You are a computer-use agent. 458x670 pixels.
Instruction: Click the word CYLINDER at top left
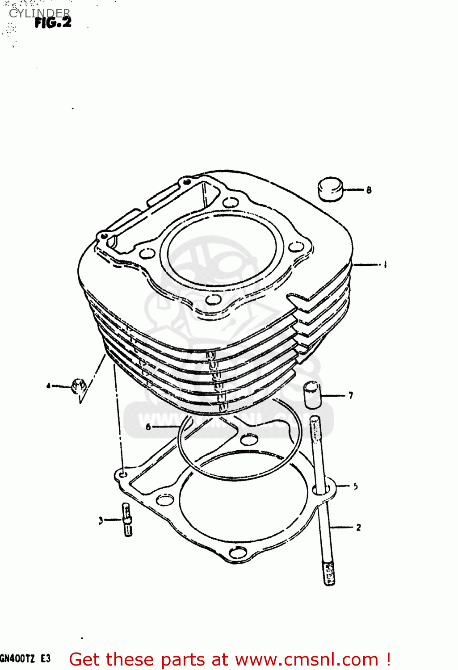pos(39,13)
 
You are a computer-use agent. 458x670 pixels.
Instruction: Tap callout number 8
pos(369,190)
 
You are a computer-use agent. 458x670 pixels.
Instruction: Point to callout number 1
pos(385,264)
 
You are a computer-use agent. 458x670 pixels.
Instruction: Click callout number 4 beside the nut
pos(48,385)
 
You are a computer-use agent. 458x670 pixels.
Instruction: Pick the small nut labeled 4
pos(79,385)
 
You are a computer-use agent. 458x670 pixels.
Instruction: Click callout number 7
pos(351,395)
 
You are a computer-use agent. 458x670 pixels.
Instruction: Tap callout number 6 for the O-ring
pos(148,427)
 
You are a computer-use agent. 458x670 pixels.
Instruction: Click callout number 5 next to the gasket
pos(355,486)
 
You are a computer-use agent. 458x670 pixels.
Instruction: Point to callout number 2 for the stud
pos(358,528)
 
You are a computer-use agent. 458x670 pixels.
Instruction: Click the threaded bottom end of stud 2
pos(329,574)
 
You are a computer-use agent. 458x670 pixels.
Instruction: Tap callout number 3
pos(101,520)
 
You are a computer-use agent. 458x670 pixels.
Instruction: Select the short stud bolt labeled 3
pos(127,519)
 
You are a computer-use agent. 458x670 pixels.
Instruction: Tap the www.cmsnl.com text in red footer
pos(307,659)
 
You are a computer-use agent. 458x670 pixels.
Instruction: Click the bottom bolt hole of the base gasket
pos(238,553)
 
